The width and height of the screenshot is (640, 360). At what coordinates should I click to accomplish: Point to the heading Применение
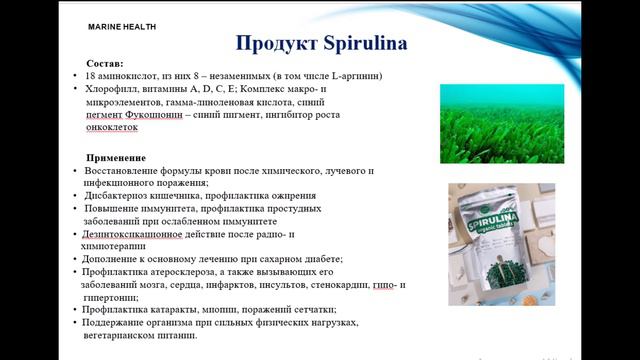[x=117, y=158]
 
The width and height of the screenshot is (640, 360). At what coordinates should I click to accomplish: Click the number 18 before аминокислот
[x=92, y=75]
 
